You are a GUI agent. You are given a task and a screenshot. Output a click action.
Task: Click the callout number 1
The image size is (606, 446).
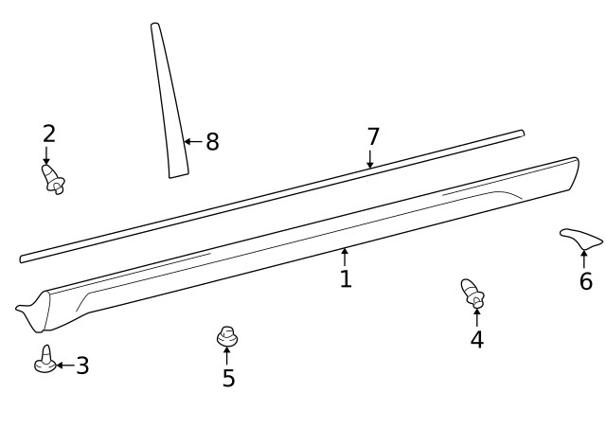pyautogui.click(x=346, y=278)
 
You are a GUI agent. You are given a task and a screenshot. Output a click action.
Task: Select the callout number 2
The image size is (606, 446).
pyautogui.click(x=49, y=134)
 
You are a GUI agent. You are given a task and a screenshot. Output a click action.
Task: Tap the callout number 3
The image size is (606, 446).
pyautogui.click(x=82, y=366)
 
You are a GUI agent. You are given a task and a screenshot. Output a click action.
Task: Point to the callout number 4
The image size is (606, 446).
pyautogui.click(x=477, y=340)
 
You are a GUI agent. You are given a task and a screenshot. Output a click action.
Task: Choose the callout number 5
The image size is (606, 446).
pyautogui.click(x=228, y=378)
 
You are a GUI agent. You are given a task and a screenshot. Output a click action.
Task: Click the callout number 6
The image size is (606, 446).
pyautogui.click(x=586, y=280)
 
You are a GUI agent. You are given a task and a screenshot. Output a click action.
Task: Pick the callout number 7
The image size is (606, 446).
pyautogui.click(x=373, y=136)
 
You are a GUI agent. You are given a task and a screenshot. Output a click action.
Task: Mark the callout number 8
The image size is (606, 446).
pyautogui.click(x=212, y=141)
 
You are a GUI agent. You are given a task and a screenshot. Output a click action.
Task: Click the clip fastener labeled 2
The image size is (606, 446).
pyautogui.click(x=53, y=179)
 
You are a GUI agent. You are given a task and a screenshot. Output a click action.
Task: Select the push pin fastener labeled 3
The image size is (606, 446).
pyautogui.click(x=45, y=360)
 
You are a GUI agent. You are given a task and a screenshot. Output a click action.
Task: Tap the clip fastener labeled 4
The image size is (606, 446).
pyautogui.click(x=472, y=293)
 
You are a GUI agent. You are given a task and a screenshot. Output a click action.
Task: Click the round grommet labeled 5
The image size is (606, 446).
pyautogui.click(x=227, y=336)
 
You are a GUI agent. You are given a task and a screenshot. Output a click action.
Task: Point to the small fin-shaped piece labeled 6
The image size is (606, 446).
pyautogui.click(x=580, y=239)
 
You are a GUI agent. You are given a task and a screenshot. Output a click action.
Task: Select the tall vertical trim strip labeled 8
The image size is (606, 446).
pyautogui.click(x=169, y=100)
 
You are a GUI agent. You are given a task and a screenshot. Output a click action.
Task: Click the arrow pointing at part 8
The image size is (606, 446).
pyautogui.click(x=193, y=141)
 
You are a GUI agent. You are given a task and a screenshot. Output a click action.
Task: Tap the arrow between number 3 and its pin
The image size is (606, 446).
pyautogui.click(x=65, y=366)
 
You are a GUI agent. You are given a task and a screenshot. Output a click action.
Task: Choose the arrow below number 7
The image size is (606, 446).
pyautogui.click(x=370, y=160)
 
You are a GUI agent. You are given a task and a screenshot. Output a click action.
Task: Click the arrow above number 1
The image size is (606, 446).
pyautogui.click(x=345, y=257)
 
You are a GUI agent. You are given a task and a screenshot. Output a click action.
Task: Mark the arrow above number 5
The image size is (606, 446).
pyautogui.click(x=226, y=355)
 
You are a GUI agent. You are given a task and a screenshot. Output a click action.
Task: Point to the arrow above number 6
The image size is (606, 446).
pyautogui.click(x=584, y=259)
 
